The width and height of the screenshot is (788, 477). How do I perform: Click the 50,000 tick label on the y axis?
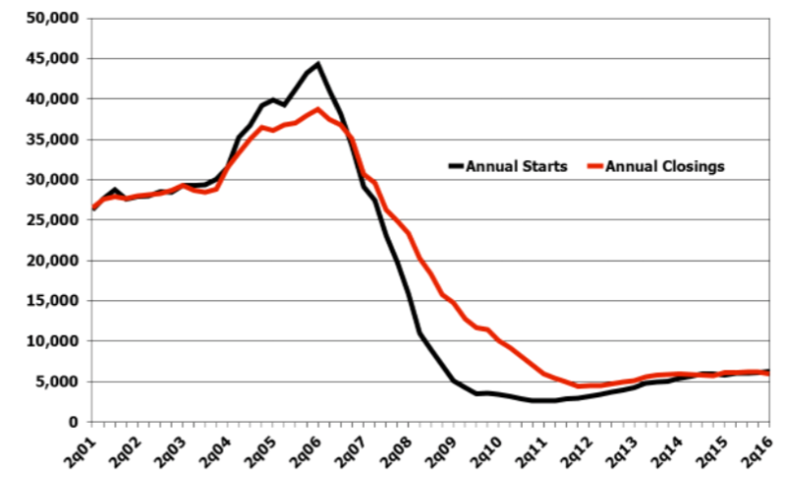(x=53, y=18)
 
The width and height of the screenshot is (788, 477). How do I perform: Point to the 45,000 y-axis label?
(x=53, y=58)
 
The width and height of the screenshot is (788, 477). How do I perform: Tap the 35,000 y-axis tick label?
(x=53, y=139)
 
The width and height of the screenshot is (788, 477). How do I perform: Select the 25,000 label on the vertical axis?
(x=53, y=220)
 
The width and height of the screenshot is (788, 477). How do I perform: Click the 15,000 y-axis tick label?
(x=53, y=300)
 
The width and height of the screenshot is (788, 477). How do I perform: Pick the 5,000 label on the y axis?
(x=57, y=381)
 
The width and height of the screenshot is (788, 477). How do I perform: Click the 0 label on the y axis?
(x=74, y=422)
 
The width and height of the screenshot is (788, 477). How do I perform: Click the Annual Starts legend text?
(x=517, y=166)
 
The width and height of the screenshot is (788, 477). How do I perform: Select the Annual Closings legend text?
(x=665, y=166)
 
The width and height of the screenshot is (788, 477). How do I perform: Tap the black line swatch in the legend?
(x=456, y=166)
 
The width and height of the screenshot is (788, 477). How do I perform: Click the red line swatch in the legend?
(x=596, y=166)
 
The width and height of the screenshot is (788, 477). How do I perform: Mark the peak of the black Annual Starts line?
(x=318, y=64)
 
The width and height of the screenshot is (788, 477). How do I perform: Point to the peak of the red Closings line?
(x=318, y=110)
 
